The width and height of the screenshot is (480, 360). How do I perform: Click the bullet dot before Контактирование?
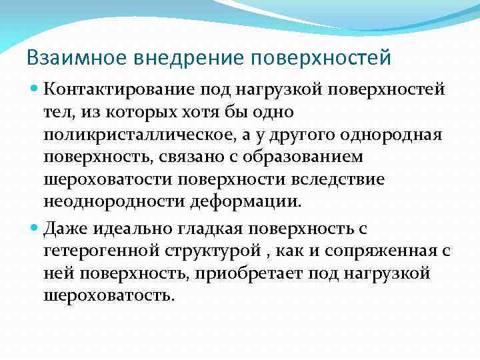tap(35, 89)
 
